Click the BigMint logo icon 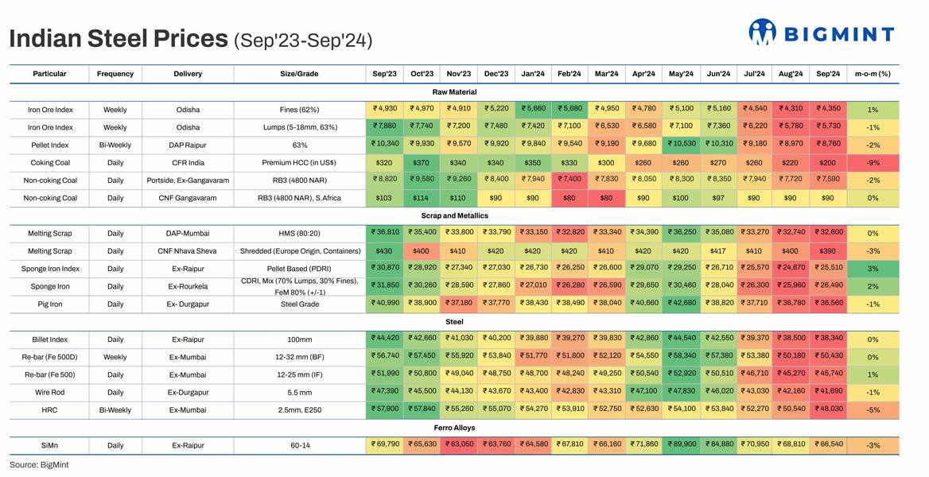coord(762,32)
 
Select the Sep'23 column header coord(385,74)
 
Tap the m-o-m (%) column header coord(873,74)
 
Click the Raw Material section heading coord(453,92)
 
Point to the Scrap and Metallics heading coord(454,215)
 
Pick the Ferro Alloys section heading coord(454,428)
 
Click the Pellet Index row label coord(50,145)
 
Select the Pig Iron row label coord(50,304)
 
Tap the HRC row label coord(50,409)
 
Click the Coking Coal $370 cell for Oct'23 coord(422,162)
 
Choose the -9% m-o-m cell coord(873,162)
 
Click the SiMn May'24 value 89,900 coord(682,445)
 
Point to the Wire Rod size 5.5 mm coord(299,392)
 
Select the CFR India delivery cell coord(188,162)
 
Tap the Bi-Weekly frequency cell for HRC coord(115,409)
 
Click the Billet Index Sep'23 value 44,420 coord(385,339)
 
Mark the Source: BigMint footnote coord(39,464)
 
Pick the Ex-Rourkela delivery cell coord(188,286)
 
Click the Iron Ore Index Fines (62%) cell coord(299,110)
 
